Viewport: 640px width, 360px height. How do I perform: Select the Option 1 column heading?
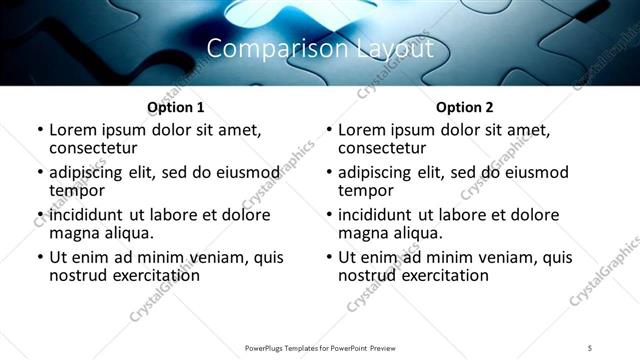(x=176, y=107)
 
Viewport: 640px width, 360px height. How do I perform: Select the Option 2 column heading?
(x=465, y=107)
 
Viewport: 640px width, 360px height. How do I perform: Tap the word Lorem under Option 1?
(x=75, y=130)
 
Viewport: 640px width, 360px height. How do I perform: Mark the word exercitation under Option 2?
(x=441, y=275)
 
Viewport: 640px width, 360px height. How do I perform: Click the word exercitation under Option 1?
(x=152, y=275)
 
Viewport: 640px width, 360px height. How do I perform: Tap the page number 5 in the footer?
(x=591, y=347)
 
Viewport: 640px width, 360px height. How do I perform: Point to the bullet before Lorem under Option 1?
(x=40, y=131)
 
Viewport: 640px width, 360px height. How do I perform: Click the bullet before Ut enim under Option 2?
(x=329, y=258)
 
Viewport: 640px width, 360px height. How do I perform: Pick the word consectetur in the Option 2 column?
(x=384, y=148)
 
